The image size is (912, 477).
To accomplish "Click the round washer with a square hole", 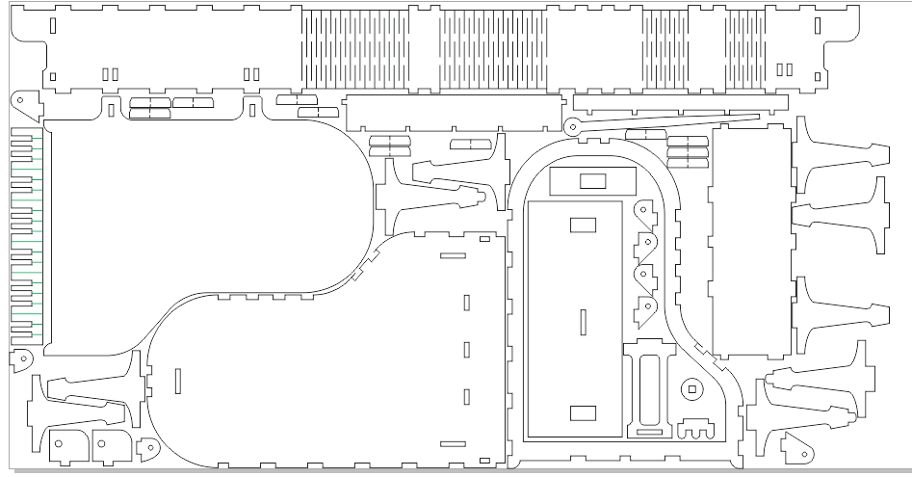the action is tap(691, 389).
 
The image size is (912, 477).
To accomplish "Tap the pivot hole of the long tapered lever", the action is tap(572, 124).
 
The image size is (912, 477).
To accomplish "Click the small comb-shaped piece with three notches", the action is tap(698, 427).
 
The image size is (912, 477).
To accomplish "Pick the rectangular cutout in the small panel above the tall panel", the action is tap(592, 180).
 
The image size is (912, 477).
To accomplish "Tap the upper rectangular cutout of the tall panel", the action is tap(584, 225).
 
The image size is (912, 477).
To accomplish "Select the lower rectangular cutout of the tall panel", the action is tap(584, 413).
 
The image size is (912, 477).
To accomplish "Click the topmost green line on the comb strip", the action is tap(37, 149).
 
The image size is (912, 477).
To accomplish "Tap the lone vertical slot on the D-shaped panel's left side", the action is tap(178, 381).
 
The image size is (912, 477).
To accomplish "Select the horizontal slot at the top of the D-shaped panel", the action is tap(453, 255).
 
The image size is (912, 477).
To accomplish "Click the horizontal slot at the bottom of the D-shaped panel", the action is tap(453, 443).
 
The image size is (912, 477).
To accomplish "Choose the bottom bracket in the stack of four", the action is tap(644, 309).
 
